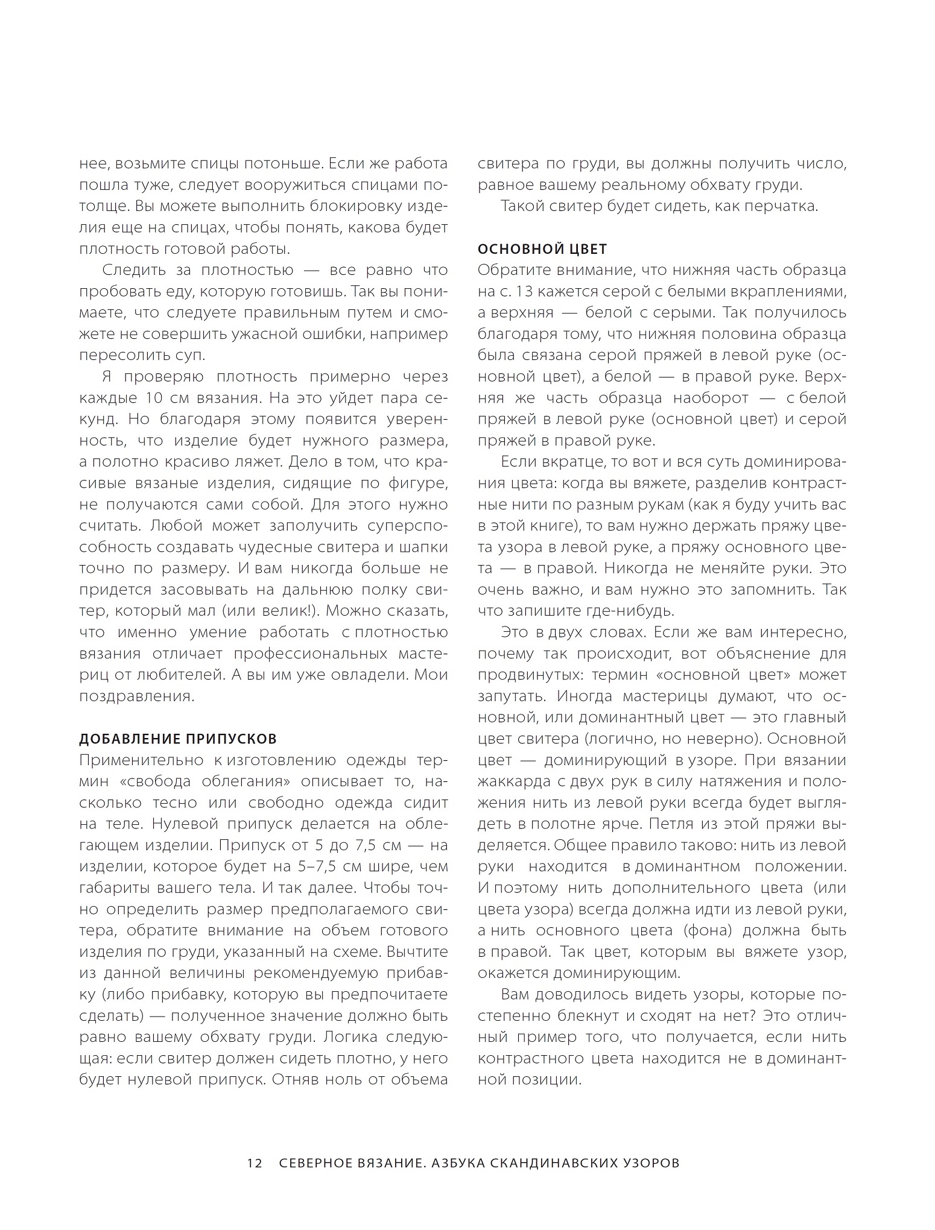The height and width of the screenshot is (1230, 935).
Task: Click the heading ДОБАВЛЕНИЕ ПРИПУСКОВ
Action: point(178,739)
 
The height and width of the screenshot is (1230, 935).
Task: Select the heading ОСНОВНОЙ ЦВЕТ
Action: point(542,249)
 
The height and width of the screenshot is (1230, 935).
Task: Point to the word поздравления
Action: point(136,696)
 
